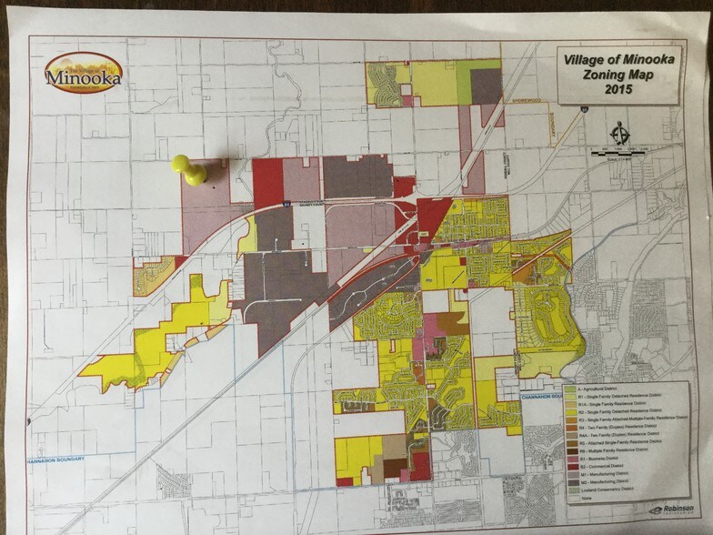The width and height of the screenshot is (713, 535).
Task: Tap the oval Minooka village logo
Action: tap(84, 74)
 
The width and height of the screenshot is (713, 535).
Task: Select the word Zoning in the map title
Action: tap(598, 76)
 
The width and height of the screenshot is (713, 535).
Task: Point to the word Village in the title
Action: tap(587, 60)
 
